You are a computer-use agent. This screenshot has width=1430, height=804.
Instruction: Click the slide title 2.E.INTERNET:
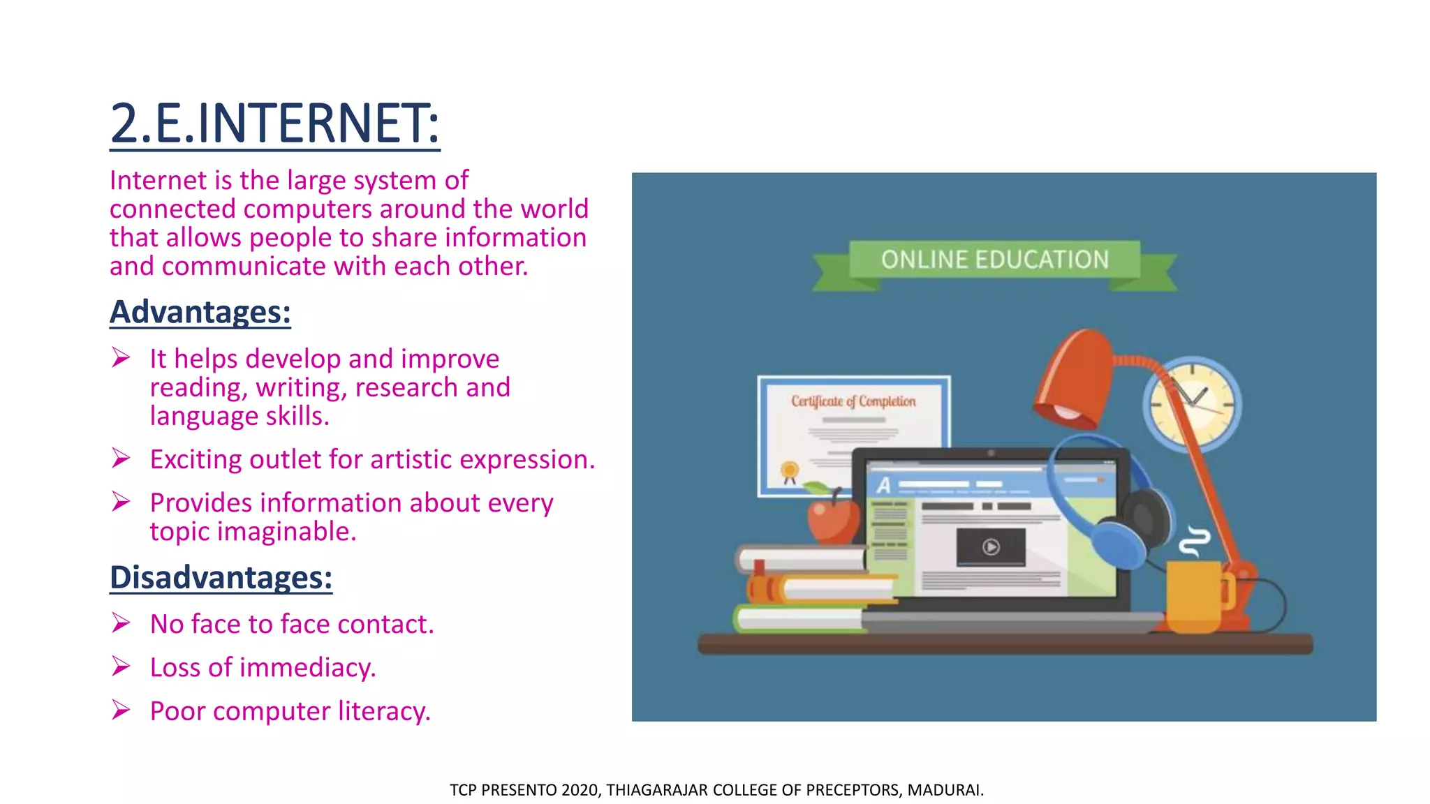click(274, 124)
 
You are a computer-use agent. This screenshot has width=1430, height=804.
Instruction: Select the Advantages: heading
click(200, 312)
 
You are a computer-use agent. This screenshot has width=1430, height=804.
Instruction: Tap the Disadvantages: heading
click(221, 578)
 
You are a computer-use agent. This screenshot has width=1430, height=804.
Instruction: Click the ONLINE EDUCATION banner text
click(994, 260)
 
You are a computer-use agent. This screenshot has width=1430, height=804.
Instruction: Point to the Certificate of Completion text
click(853, 401)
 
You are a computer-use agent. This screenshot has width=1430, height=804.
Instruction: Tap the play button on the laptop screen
click(991, 547)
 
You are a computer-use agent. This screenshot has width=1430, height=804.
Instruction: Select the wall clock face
click(1192, 404)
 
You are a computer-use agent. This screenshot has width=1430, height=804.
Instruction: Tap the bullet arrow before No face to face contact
click(121, 623)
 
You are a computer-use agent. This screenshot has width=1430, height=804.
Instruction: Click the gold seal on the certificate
click(790, 470)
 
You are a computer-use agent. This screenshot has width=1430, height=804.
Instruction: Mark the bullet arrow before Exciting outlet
click(121, 459)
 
